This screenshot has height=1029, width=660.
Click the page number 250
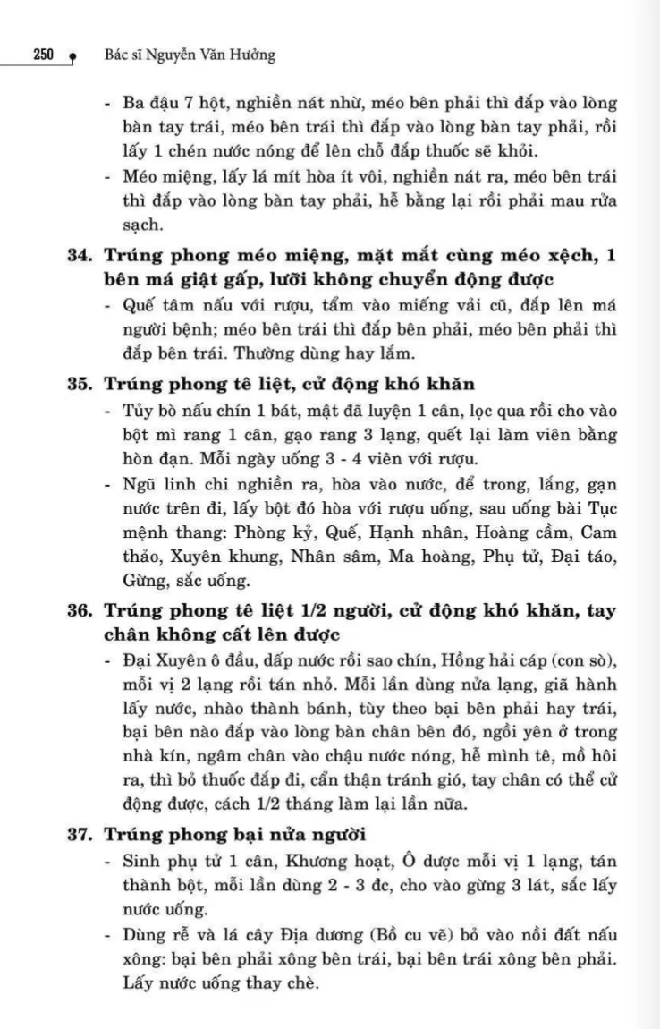tap(43, 55)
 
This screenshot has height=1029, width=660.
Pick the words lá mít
tap(245, 176)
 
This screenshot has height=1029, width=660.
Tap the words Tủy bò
tap(147, 414)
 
